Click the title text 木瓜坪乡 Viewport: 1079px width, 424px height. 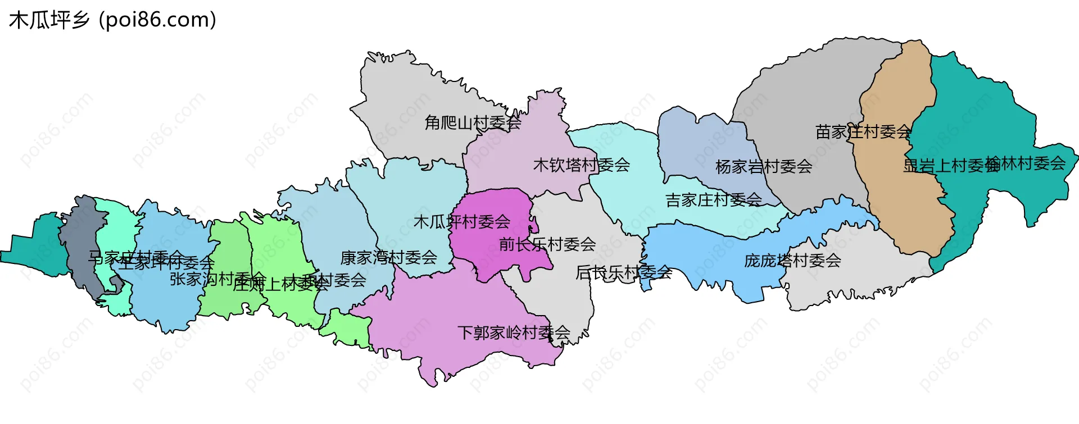tap(49, 20)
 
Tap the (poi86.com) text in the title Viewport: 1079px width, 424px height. tap(158, 20)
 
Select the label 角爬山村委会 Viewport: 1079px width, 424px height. tap(473, 122)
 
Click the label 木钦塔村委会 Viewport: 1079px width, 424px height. tap(581, 165)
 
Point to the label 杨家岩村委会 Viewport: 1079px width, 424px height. tap(763, 167)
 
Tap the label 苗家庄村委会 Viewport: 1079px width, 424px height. tap(863, 132)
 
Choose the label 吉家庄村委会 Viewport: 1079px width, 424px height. tap(713, 200)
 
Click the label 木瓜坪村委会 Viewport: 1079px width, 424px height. tap(461, 222)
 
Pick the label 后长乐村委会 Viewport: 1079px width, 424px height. tap(623, 272)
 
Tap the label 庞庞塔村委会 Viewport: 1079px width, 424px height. tap(792, 261)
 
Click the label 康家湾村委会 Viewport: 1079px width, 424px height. tap(388, 258)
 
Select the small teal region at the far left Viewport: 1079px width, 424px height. tap(39, 247)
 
